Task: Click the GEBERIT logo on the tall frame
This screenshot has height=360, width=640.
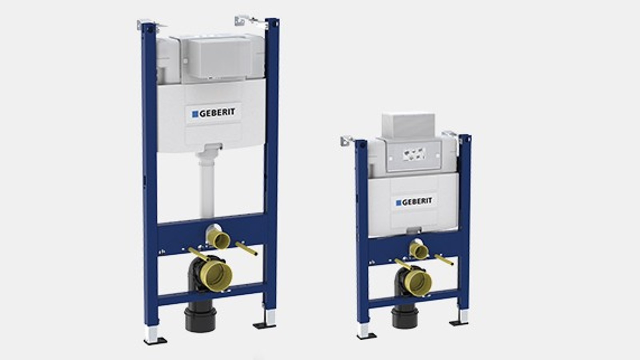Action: [x=214, y=113]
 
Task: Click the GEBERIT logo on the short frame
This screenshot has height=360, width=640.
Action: [x=414, y=202]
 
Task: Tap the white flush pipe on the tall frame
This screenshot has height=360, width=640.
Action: [x=207, y=184]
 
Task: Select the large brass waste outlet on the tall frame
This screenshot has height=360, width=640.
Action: [x=216, y=275]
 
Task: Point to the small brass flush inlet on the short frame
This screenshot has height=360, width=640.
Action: [x=419, y=251]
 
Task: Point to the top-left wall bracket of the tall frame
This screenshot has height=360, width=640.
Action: [x=148, y=25]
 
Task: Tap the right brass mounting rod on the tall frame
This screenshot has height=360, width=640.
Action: [x=246, y=248]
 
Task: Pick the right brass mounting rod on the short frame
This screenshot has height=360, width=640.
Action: [x=444, y=260]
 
